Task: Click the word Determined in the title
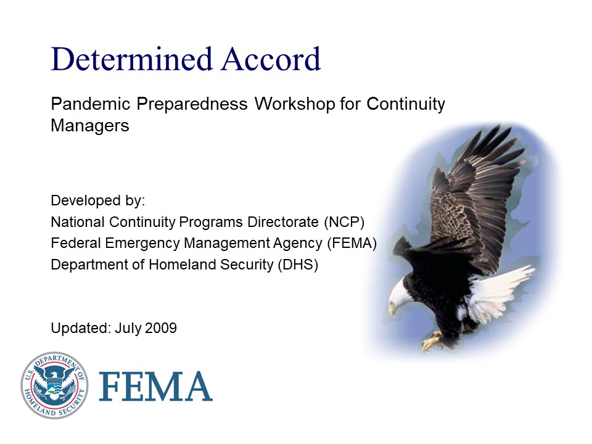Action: point(132,59)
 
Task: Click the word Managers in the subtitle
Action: point(90,126)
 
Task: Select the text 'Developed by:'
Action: point(97,201)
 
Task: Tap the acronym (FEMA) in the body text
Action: point(351,243)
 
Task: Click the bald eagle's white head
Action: point(401,294)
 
